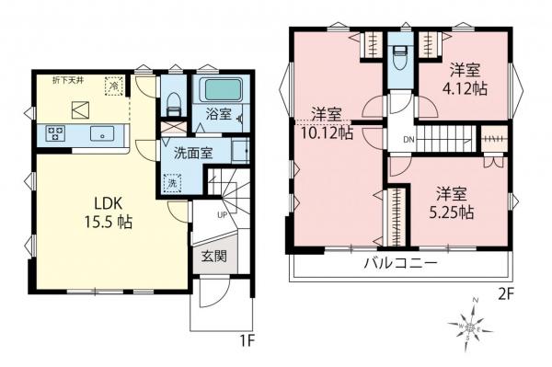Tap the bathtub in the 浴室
click(x=218, y=92)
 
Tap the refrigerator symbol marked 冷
click(x=114, y=86)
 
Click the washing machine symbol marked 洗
click(x=172, y=183)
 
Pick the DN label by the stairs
click(x=408, y=140)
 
